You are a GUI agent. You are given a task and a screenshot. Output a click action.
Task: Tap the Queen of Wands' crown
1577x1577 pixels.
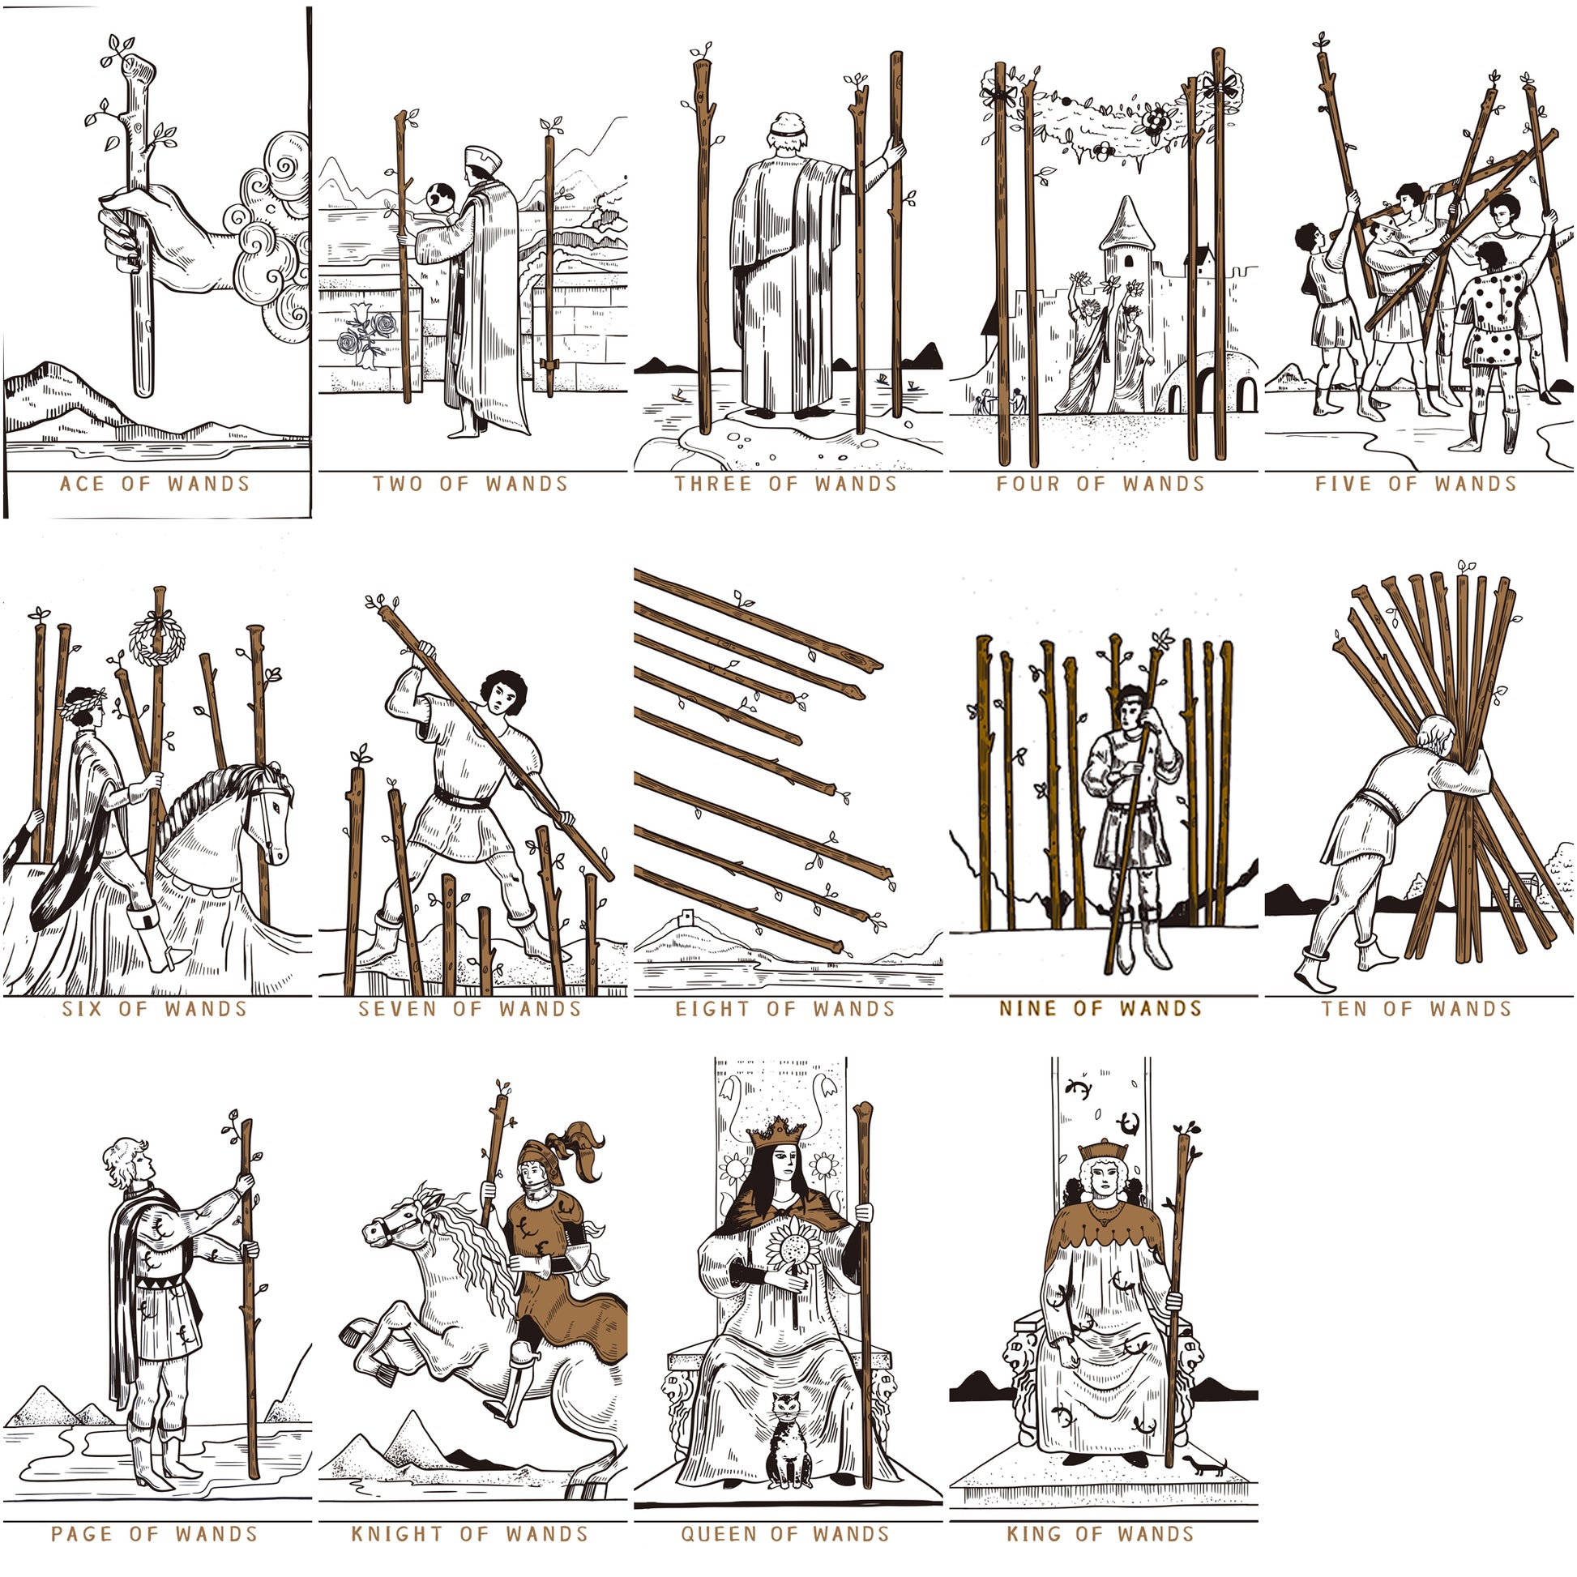tap(776, 1130)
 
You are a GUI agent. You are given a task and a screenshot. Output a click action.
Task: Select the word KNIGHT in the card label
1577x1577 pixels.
tap(397, 1534)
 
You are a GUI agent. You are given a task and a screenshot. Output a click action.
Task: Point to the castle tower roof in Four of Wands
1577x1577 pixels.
tap(1126, 222)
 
